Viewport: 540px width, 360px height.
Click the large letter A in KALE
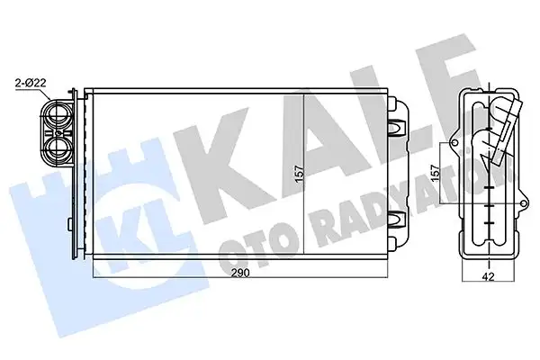297,135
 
